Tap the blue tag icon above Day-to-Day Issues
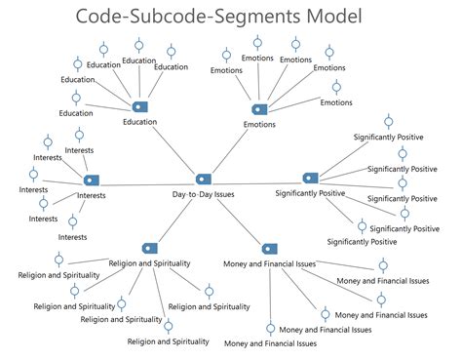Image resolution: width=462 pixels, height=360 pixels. point(203,180)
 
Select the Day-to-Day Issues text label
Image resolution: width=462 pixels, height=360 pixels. point(203,194)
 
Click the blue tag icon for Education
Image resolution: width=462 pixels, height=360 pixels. point(138,106)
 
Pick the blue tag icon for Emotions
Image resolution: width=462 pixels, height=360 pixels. point(258,109)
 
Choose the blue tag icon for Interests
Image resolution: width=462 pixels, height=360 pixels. point(91,180)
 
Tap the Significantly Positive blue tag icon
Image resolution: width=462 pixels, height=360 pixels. point(310,178)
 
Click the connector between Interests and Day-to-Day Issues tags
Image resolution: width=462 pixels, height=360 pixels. point(146,180)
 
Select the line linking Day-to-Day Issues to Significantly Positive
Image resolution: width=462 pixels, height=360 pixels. point(256,179)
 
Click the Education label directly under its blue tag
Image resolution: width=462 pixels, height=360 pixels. point(138,122)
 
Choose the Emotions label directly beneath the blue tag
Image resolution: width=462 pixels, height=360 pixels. point(258,125)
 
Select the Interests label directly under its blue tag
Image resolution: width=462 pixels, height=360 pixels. point(91,195)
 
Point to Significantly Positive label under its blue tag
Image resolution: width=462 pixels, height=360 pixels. point(310,193)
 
